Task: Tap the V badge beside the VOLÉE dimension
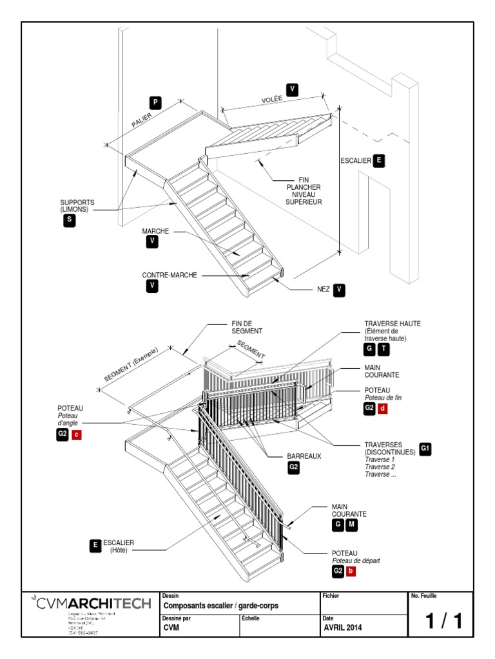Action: pos(292,89)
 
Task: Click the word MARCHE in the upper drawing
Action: pos(155,230)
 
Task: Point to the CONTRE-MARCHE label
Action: pos(169,275)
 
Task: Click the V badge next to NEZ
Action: pos(340,290)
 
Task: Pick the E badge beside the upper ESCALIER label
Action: pos(378,161)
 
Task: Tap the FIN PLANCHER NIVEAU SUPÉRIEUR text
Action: pos(304,191)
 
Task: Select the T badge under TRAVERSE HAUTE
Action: pos(383,349)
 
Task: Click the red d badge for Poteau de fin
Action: pos(382,409)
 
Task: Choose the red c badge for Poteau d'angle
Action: pos(77,435)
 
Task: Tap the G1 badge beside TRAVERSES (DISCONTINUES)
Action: pos(425,449)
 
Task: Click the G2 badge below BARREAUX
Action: pos(294,468)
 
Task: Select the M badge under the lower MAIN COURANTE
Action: pos(351,526)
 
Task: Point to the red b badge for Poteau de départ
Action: pos(351,571)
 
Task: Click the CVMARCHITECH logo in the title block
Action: pos(91,604)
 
